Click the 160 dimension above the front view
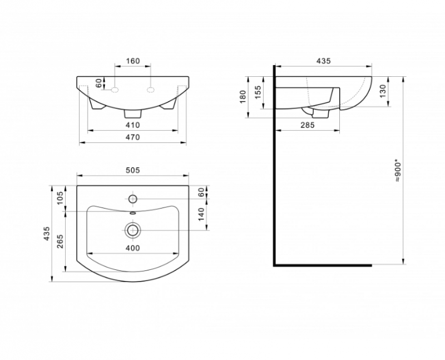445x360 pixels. point(133,61)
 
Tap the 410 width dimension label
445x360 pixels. point(133,125)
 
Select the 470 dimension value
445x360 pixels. point(133,137)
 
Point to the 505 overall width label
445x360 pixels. point(133,170)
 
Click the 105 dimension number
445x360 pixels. point(60,198)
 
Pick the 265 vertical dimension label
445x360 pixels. point(60,241)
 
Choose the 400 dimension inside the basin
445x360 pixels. point(133,248)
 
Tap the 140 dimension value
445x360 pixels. point(201,214)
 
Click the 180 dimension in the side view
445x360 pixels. point(243,97)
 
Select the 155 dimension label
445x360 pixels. point(258,92)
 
